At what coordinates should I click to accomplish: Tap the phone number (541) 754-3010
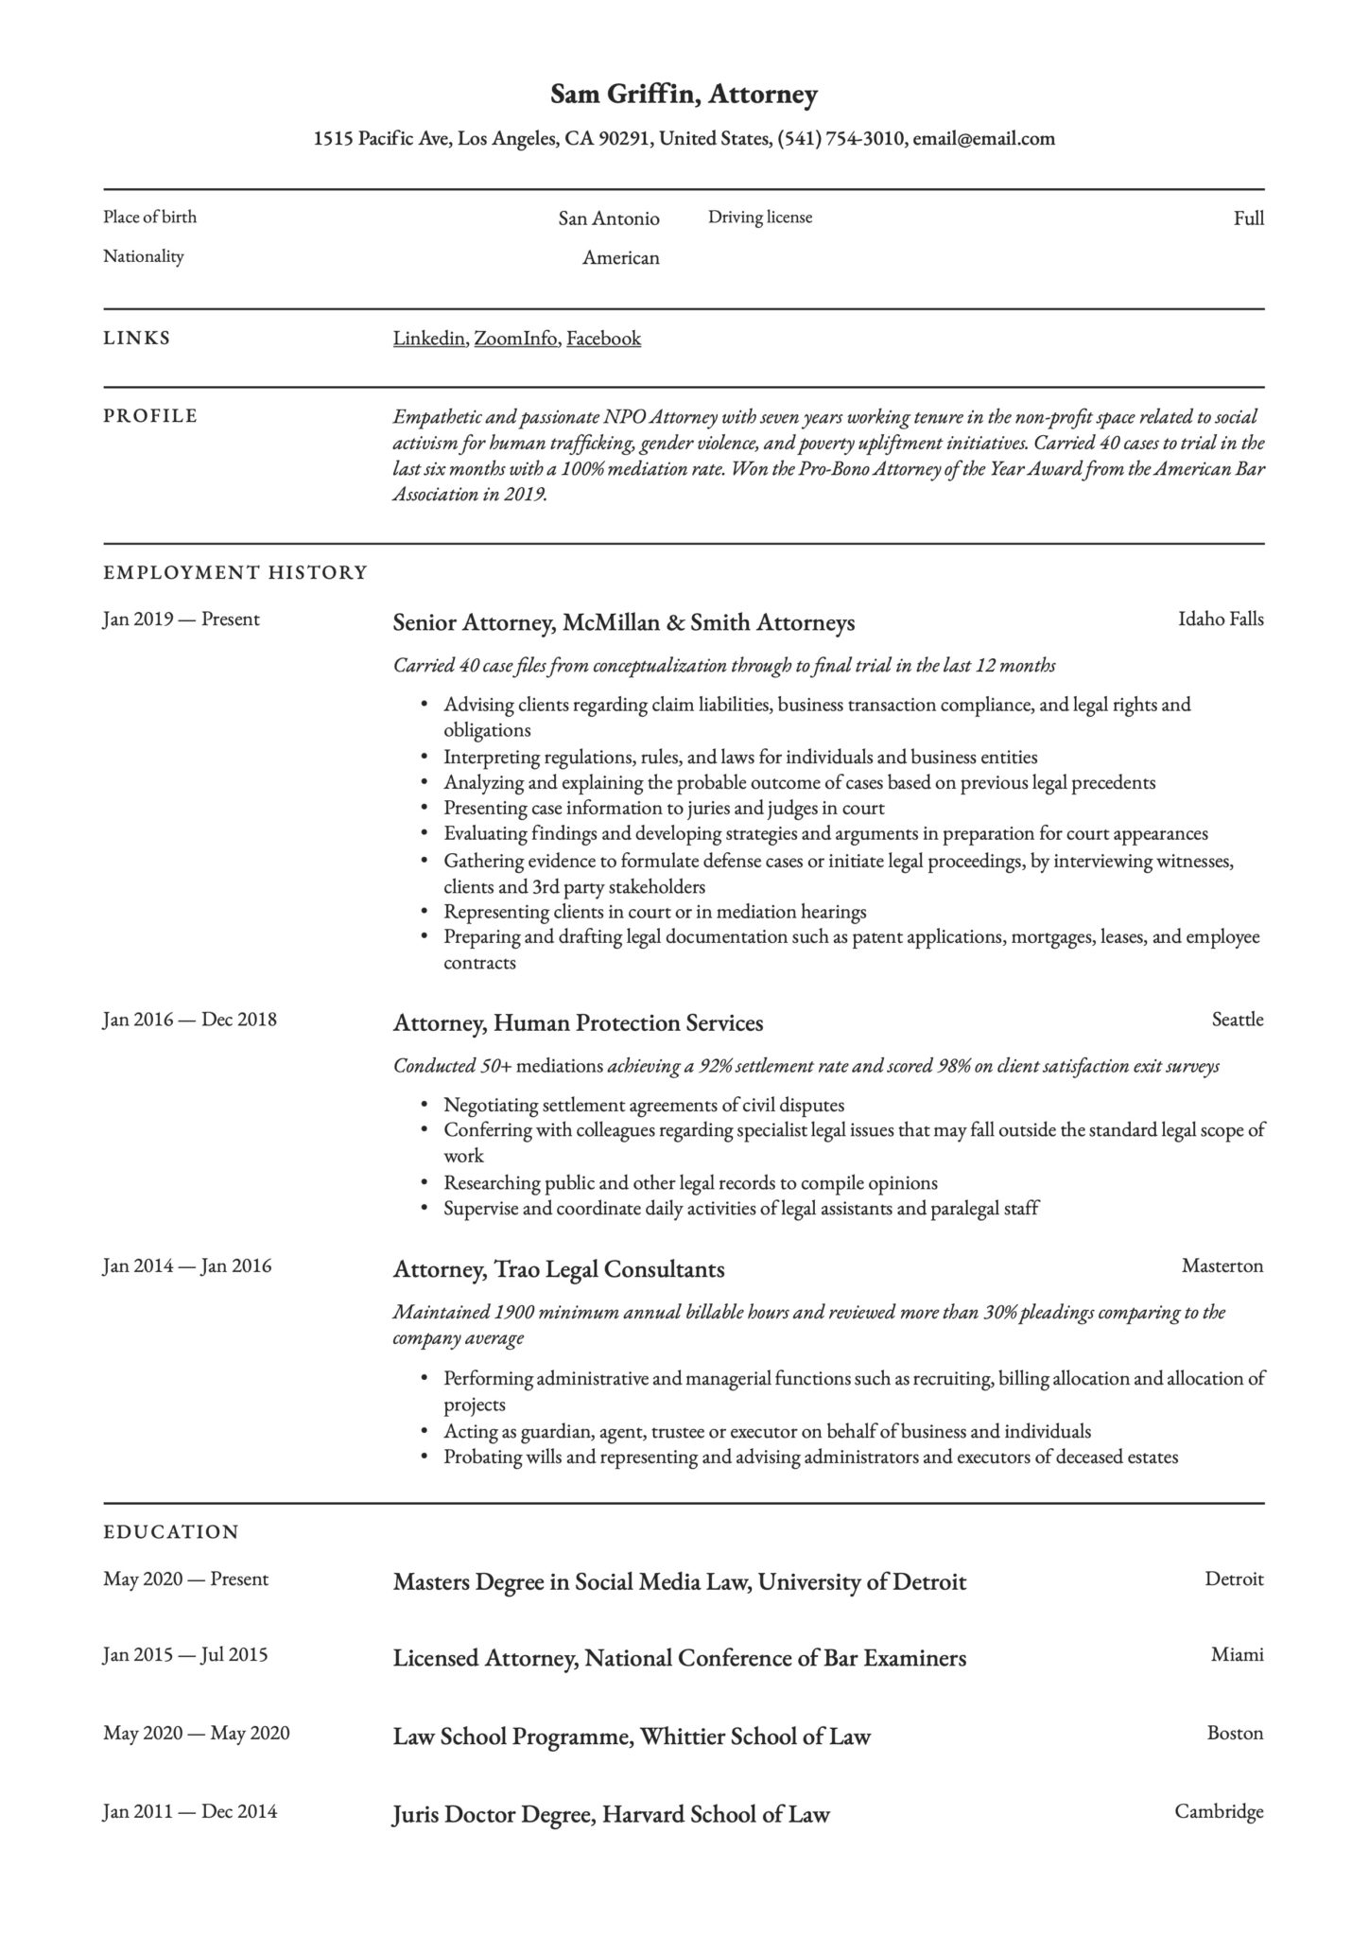coord(840,139)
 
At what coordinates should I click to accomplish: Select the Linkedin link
coord(428,339)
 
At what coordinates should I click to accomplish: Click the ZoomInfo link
coord(515,339)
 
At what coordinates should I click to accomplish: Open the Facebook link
coord(603,339)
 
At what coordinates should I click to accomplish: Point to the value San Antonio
coord(608,219)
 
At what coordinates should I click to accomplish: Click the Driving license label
coord(760,218)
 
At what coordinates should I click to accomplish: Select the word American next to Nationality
coord(620,258)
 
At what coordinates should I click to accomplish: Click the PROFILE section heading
coord(150,416)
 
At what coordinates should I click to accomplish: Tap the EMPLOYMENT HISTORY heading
coord(234,572)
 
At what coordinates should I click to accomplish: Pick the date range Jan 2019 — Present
coord(181,619)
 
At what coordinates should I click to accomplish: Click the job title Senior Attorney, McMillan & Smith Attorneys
coord(623,622)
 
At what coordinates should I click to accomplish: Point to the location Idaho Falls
coord(1220,619)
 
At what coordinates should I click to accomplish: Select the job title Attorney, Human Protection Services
coord(578,1022)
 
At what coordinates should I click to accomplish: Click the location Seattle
coord(1237,1020)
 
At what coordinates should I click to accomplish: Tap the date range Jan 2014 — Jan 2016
coord(186,1265)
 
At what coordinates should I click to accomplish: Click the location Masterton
coord(1222,1265)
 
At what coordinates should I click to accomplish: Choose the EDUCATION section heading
coord(170,1531)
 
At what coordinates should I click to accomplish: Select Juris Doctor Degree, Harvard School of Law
coord(611,1814)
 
